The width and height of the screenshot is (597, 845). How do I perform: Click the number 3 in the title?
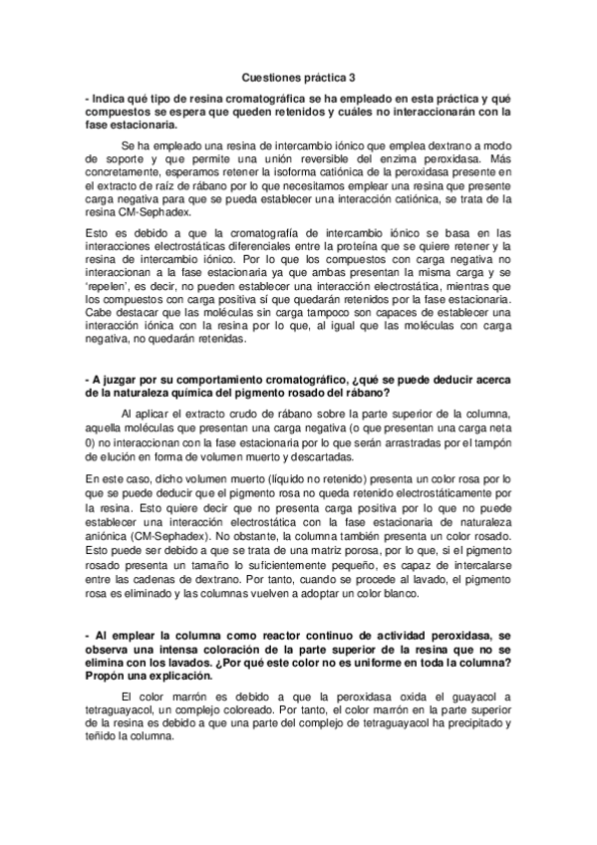point(353,77)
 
